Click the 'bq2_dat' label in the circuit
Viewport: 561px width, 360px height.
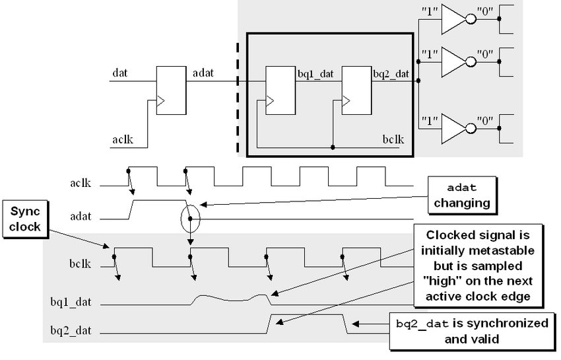point(391,73)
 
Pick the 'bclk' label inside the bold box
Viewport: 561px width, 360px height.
point(393,139)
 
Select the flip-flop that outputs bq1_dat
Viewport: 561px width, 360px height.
point(280,90)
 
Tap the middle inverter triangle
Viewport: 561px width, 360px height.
point(453,63)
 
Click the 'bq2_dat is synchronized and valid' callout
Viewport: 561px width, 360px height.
point(471,330)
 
